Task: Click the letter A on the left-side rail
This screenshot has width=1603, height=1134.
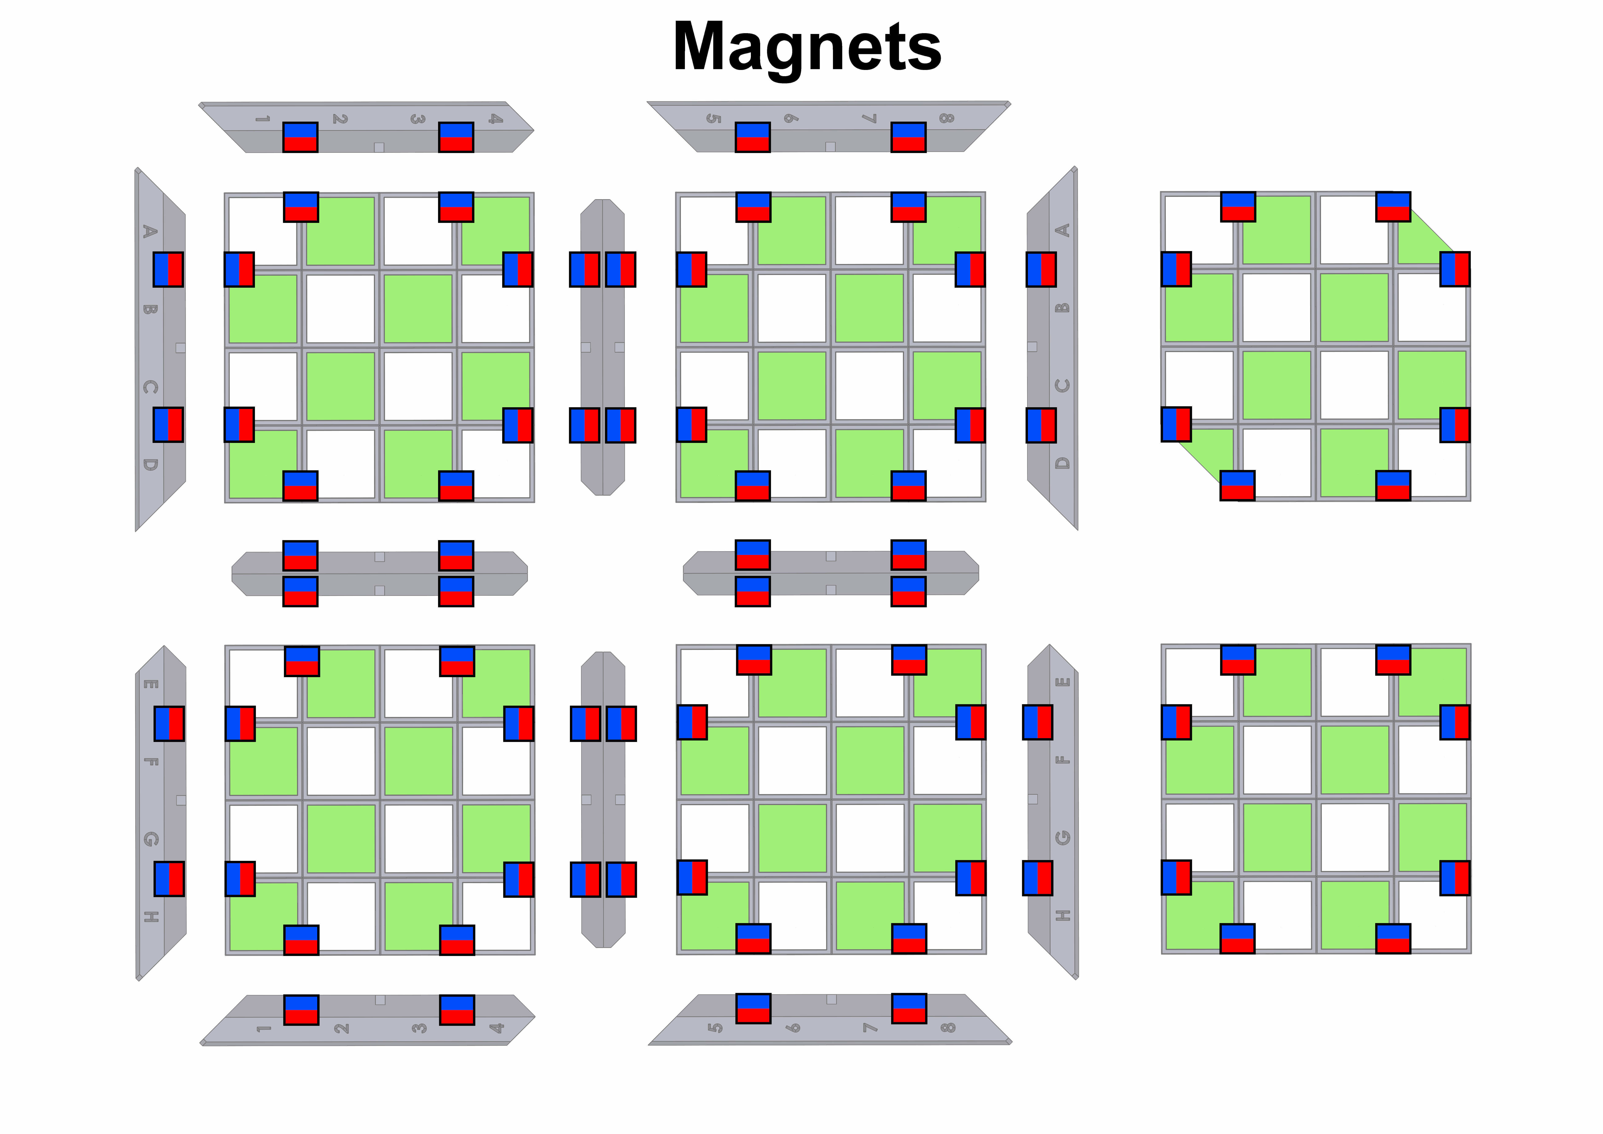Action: [x=149, y=231]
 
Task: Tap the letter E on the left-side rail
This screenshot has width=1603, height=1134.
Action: [x=150, y=684]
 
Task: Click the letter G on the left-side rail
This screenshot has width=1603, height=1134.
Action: [x=150, y=839]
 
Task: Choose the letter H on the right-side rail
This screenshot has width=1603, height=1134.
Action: [x=1063, y=915]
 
